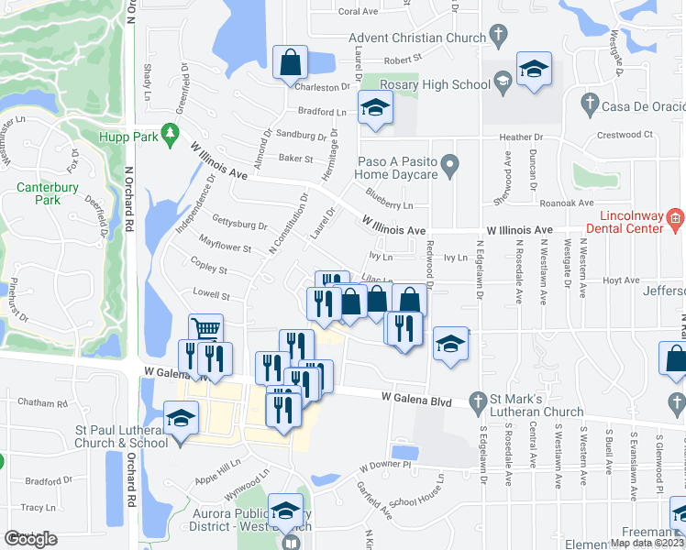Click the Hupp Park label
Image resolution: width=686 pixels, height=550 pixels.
tap(127, 137)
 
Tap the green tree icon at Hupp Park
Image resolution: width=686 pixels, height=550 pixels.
tap(170, 136)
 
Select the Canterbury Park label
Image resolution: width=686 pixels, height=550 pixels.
tap(38, 193)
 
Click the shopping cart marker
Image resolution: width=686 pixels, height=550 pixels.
tap(206, 329)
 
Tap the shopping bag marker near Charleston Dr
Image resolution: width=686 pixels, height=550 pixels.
tap(290, 62)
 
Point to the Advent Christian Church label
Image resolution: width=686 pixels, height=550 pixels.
tap(416, 38)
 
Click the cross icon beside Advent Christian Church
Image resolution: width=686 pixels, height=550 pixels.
tap(498, 38)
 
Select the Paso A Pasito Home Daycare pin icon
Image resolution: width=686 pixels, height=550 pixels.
tap(449, 166)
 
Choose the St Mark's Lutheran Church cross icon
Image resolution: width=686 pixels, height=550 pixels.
tap(477, 401)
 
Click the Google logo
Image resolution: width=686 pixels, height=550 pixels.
tap(31, 539)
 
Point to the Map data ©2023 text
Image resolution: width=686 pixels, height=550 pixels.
tap(644, 543)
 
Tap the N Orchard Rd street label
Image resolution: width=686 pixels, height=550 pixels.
tap(130, 197)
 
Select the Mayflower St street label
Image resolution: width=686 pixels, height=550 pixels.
tap(226, 247)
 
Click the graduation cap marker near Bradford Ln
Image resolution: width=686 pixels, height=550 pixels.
tap(374, 108)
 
